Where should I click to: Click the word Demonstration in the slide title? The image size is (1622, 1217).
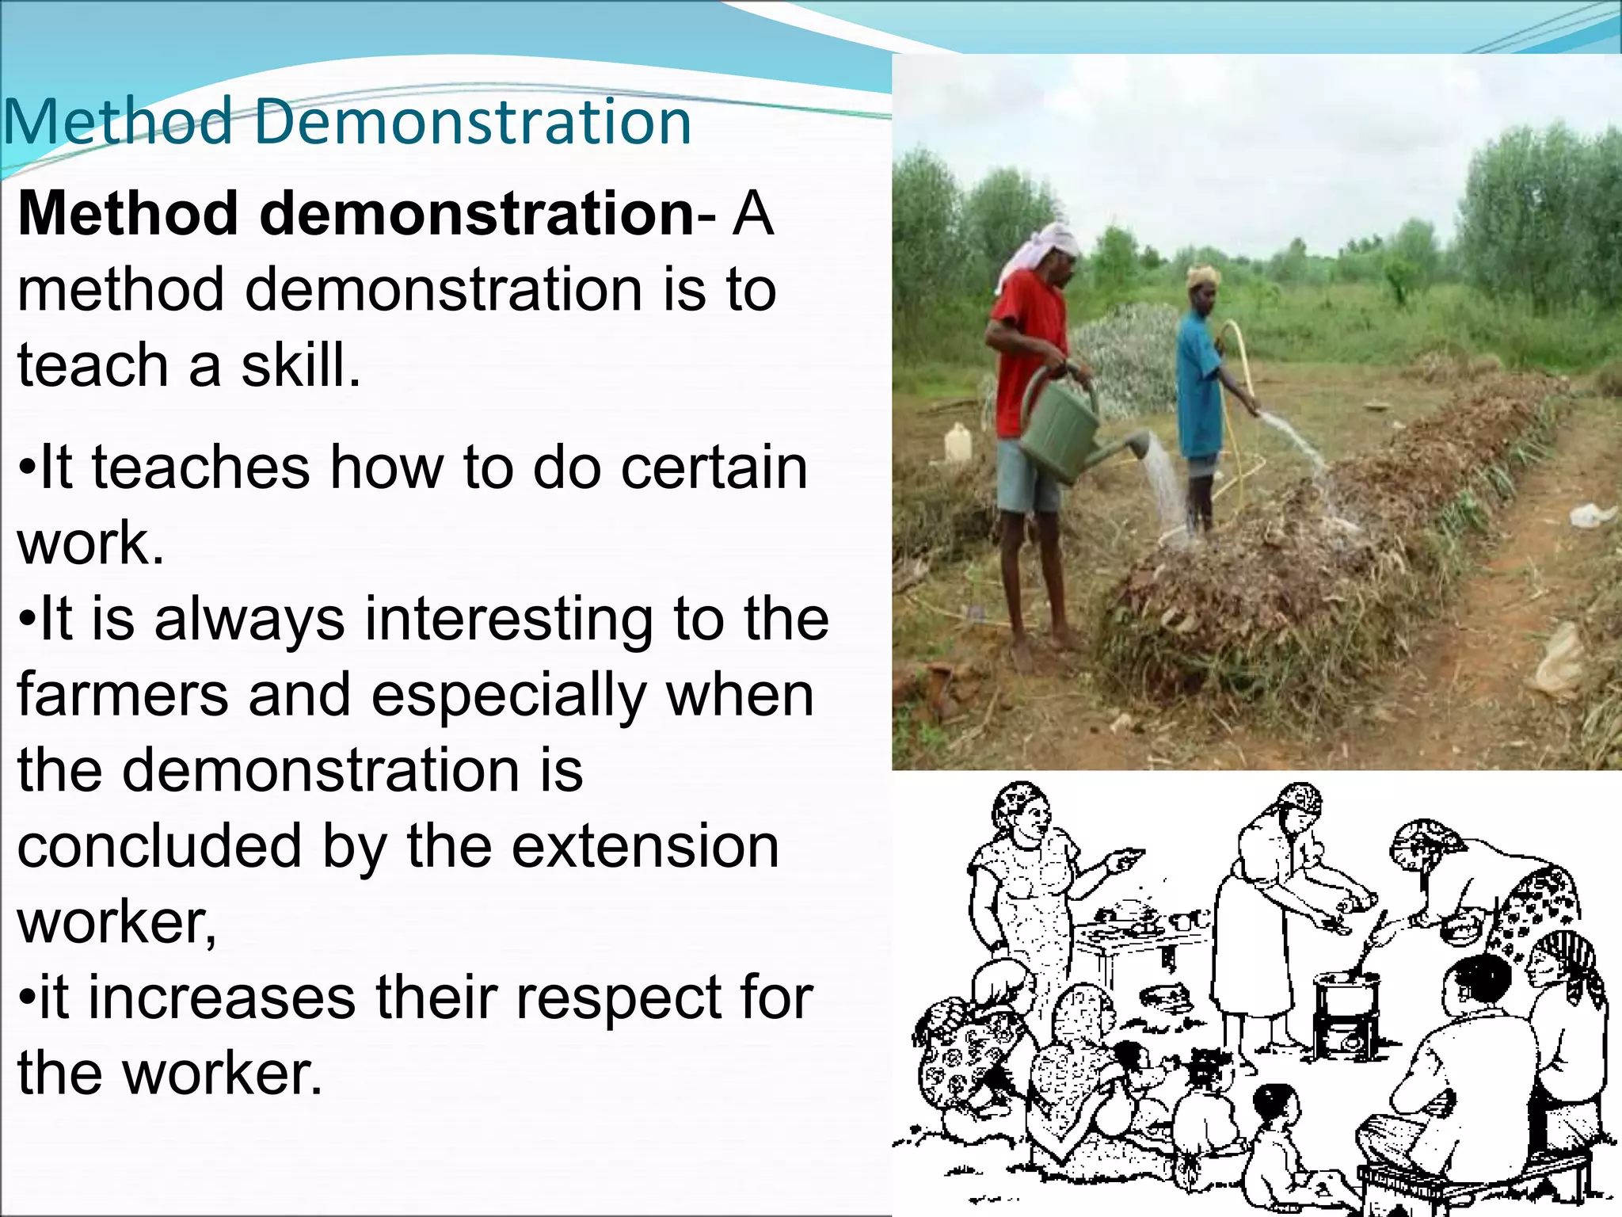pyautogui.click(x=473, y=122)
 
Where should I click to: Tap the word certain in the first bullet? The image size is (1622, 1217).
pyautogui.click(x=714, y=467)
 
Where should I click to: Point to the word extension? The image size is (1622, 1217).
pyautogui.click(x=645, y=845)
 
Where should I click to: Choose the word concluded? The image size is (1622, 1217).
pyautogui.click(x=159, y=845)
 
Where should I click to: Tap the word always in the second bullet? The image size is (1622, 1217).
pyautogui.click(x=249, y=619)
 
